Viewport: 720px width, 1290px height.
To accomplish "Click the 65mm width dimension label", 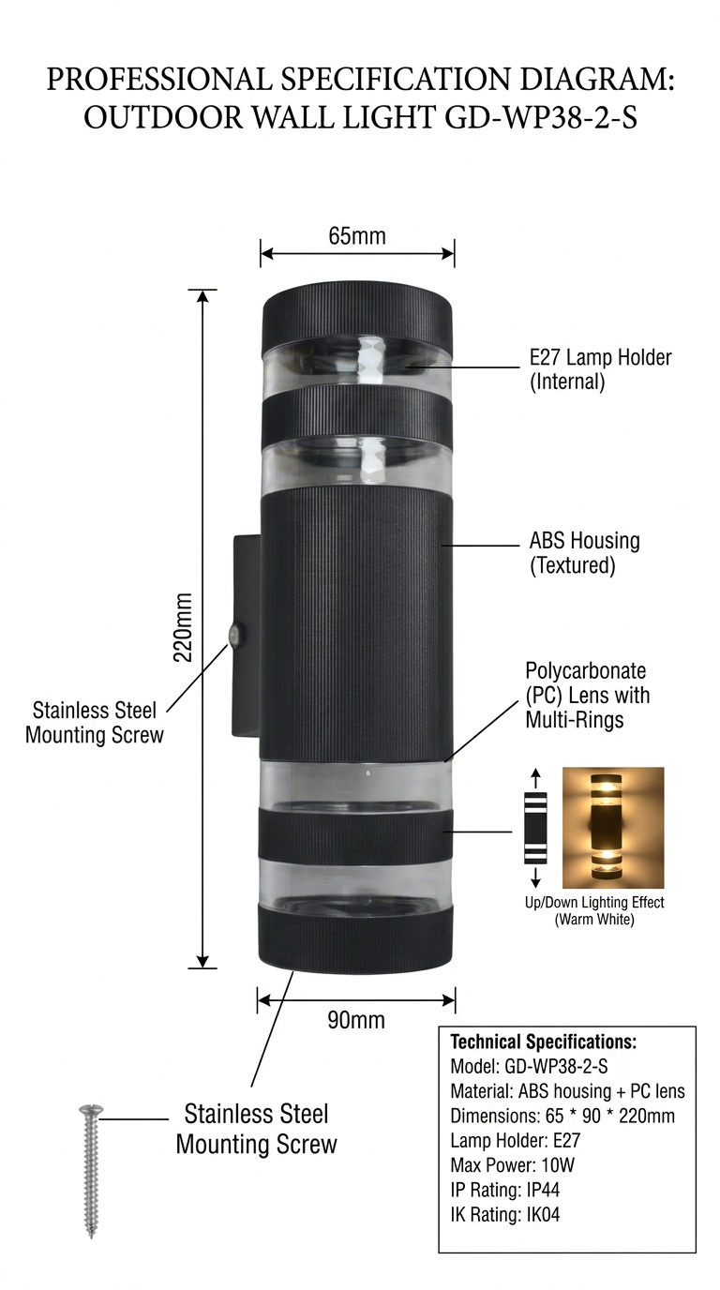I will pyautogui.click(x=356, y=235).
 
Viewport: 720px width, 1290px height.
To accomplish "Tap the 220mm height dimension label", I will pyautogui.click(x=183, y=626).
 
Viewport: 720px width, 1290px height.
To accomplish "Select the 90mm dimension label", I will pyautogui.click(x=355, y=1020).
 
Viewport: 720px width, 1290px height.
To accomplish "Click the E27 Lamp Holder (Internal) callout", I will pyautogui.click(x=600, y=369).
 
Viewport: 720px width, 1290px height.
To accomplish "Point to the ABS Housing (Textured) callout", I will pyautogui.click(x=584, y=553).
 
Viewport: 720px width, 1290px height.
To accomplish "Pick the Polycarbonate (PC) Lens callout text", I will pyautogui.click(x=587, y=696).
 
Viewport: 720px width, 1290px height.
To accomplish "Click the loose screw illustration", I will pyautogui.click(x=91, y=1171).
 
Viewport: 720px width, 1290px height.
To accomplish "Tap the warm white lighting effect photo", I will pyautogui.click(x=612, y=828).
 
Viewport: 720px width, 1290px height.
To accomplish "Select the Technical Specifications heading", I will pyautogui.click(x=544, y=1042).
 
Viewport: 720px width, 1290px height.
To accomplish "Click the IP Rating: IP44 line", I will pyautogui.click(x=505, y=1190).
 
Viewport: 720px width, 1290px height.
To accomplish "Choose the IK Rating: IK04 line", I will pyautogui.click(x=505, y=1215).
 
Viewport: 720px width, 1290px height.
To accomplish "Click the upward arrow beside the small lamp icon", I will pyautogui.click(x=535, y=778).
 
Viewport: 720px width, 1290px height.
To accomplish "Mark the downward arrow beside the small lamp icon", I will pyautogui.click(x=535, y=877).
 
